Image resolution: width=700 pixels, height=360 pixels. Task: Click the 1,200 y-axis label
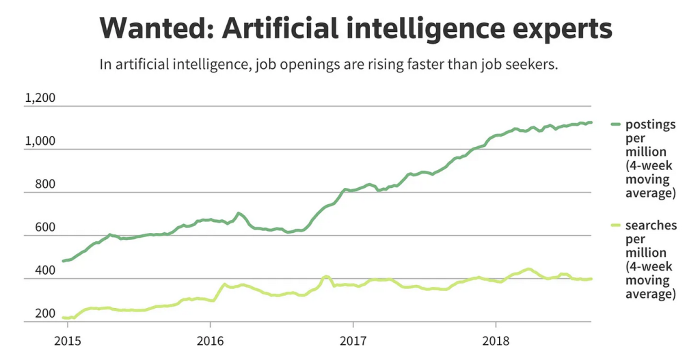point(40,98)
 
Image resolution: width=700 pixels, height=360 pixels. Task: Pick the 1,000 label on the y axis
point(40,141)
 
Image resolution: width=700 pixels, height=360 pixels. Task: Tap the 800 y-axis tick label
point(44,184)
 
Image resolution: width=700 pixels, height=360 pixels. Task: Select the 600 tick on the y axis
point(44,227)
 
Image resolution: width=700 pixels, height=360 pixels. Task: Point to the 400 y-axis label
point(44,271)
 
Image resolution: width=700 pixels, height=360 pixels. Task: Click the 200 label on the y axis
point(44,314)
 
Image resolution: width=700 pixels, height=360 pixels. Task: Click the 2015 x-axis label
point(66,341)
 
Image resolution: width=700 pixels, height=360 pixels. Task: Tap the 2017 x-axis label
point(353,341)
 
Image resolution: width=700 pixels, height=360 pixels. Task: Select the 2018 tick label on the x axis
point(496,341)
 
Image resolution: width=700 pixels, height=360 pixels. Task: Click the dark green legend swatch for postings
point(615,125)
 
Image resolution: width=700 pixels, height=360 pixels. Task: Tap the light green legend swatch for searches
point(615,225)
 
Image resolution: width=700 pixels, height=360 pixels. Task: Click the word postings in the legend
point(650,125)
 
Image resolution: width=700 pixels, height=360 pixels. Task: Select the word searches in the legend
point(651,225)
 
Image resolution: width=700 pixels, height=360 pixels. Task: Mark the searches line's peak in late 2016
point(326,277)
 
